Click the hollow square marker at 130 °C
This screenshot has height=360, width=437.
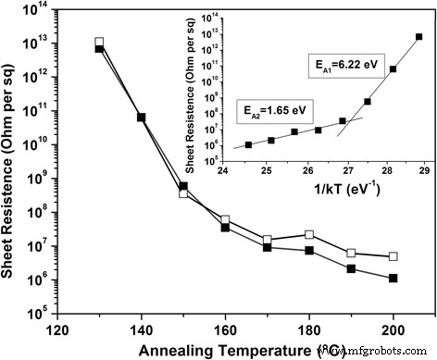99,43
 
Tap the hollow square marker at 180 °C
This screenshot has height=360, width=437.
309,235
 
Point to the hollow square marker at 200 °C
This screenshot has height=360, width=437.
393,256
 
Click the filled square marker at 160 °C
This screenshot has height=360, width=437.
225,227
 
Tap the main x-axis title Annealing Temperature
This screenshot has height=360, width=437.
232,349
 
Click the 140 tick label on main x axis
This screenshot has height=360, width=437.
141,330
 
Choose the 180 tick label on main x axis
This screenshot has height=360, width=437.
309,330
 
